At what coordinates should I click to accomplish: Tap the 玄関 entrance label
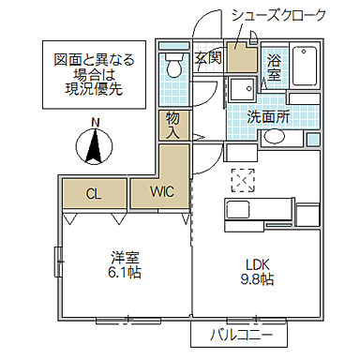point(208,58)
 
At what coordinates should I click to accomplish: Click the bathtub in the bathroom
point(307,67)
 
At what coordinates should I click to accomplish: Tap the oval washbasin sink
point(276,137)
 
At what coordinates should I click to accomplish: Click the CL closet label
point(94,194)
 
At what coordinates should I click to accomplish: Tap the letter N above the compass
point(94,121)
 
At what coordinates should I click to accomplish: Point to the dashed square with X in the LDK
point(243,178)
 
